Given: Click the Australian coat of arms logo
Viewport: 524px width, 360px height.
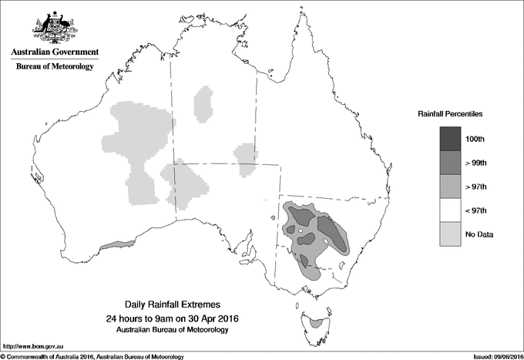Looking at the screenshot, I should [54, 28].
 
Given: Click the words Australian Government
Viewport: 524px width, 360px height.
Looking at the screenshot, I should [54, 52].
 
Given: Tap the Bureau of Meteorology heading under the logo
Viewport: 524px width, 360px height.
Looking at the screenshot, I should [54, 67].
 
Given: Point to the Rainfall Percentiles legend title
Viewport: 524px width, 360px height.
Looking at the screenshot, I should [451, 113].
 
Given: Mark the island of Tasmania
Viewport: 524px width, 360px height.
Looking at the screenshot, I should [314, 318].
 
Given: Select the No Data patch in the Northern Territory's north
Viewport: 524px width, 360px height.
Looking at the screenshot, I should [203, 105].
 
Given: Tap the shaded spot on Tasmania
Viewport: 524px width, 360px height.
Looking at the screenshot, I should [315, 324].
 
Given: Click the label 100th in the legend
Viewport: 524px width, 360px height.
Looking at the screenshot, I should [475, 139].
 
